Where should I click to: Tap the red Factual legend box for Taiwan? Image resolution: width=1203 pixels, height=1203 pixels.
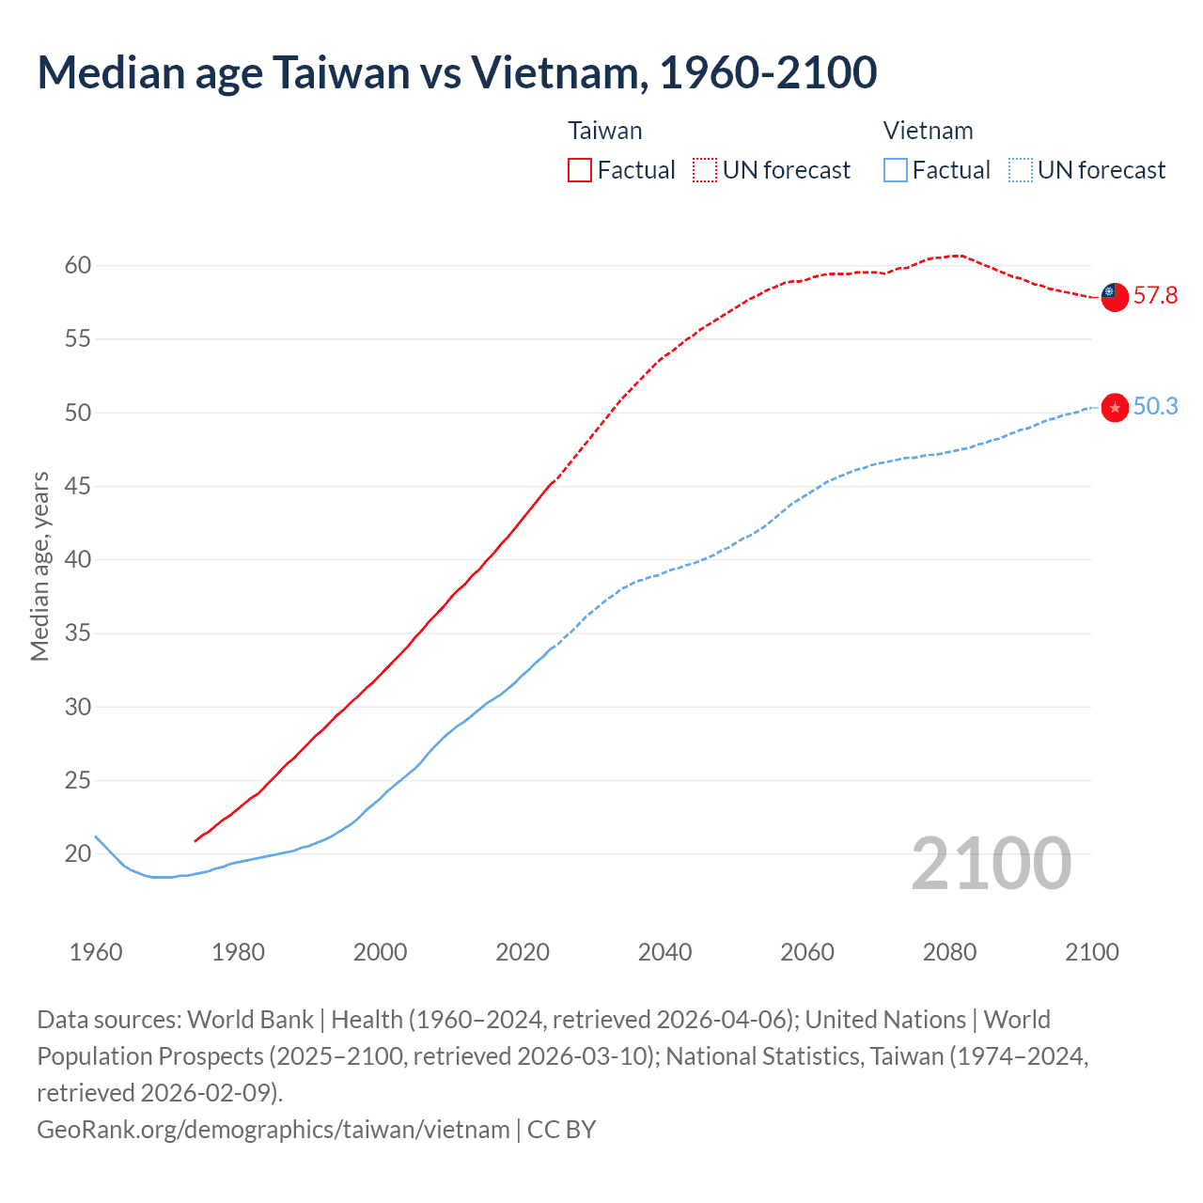[x=580, y=170]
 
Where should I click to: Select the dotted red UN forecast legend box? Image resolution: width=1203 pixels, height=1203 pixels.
[x=705, y=170]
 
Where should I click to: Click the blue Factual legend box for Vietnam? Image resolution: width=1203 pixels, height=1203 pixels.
[x=896, y=170]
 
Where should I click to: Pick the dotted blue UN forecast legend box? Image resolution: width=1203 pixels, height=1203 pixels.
[x=1021, y=170]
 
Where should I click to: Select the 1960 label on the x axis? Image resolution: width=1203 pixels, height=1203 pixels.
[x=96, y=952]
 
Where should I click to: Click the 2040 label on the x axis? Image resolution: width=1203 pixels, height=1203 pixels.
[x=664, y=952]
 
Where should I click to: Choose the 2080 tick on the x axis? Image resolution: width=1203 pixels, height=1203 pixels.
[x=949, y=952]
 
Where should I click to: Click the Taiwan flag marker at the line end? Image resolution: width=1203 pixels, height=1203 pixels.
[x=1114, y=296]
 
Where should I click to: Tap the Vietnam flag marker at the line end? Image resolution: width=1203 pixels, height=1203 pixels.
[x=1115, y=407]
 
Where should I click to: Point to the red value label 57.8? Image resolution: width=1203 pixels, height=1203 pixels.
[x=1155, y=296]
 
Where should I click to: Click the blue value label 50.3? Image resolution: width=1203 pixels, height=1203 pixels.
[x=1155, y=406]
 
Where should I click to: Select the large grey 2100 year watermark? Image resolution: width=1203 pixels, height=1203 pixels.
[x=991, y=864]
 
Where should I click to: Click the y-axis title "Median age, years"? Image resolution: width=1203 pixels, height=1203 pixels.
[x=39, y=567]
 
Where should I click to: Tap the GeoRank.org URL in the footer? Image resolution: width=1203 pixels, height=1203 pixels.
[x=273, y=1129]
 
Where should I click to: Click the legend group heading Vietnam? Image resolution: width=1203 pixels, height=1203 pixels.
[x=928, y=131]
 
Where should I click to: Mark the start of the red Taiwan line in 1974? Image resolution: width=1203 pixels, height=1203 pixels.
[x=195, y=841]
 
